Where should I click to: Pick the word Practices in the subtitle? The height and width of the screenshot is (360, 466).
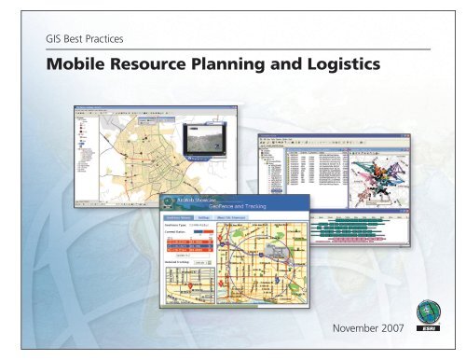tap(106, 40)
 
